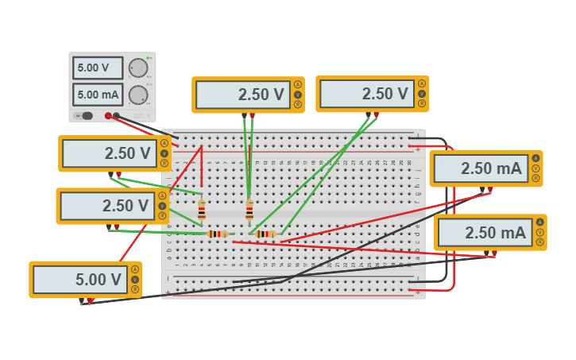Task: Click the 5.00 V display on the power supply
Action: tap(98, 68)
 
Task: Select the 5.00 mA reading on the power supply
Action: tap(98, 95)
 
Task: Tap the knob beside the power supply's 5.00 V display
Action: tap(138, 68)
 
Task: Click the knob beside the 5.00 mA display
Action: tap(138, 95)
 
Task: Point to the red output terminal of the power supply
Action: tap(108, 116)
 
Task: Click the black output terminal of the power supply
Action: tap(117, 116)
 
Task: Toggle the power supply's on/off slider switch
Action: tap(83, 116)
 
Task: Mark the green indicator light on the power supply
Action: tap(149, 59)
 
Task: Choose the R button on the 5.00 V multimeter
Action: tap(135, 289)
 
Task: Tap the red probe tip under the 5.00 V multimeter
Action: tap(90, 301)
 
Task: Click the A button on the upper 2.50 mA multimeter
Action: tap(536, 158)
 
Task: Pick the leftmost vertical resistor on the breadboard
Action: tap(202, 210)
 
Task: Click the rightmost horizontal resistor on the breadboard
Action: tap(265, 234)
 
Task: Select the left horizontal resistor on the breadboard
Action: tap(217, 234)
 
